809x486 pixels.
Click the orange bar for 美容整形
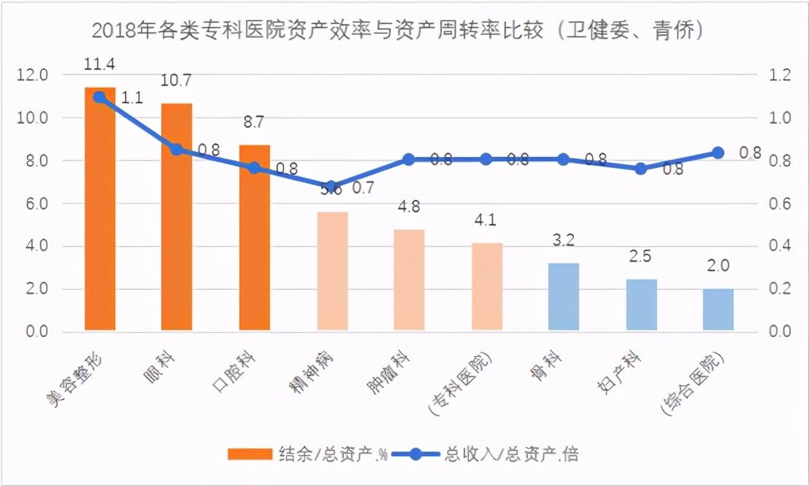100,212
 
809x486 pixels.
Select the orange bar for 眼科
177,219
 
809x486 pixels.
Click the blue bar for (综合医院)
718,310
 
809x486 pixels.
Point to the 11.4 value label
99,64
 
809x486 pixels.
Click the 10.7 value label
176,80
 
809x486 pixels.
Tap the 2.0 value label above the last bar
718,266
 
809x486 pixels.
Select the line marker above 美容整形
100,96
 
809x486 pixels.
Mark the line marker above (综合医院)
718,153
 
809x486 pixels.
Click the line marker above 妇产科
640,169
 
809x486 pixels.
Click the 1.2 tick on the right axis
780,75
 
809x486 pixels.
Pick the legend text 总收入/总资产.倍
511,454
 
